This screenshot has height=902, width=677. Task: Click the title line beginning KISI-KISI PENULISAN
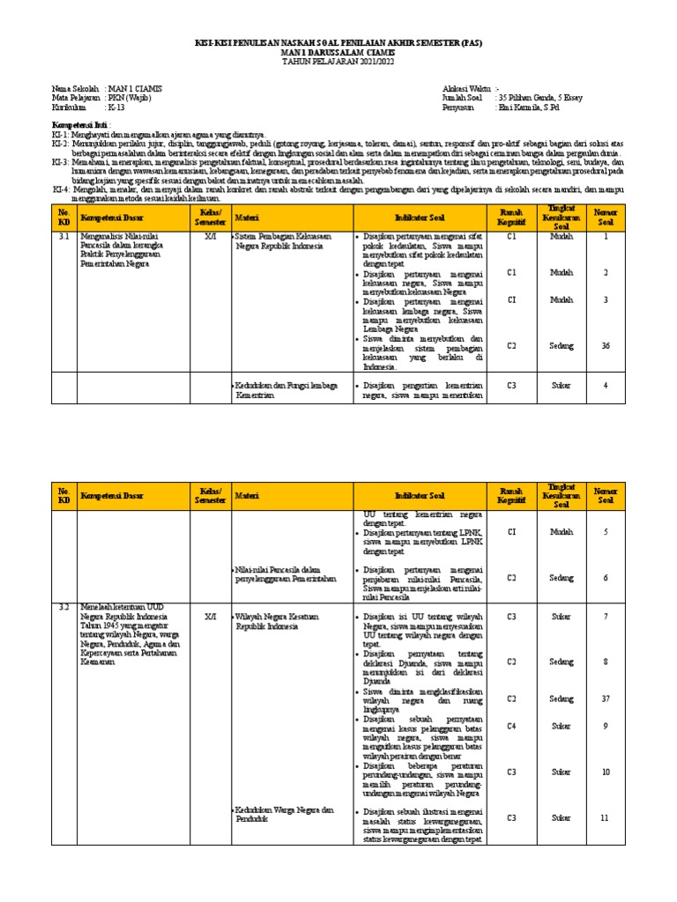tap(338, 42)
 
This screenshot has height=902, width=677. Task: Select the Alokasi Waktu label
tap(467, 90)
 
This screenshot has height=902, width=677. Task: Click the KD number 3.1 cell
tap(63, 237)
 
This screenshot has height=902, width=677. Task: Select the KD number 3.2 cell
tap(63, 607)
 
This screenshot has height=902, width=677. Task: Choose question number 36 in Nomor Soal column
tap(605, 345)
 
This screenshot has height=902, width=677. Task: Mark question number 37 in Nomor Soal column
tap(605, 699)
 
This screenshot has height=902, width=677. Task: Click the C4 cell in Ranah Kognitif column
tap(511, 726)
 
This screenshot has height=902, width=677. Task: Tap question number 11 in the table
tap(605, 817)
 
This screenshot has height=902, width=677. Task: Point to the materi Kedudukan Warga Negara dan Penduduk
tap(286, 814)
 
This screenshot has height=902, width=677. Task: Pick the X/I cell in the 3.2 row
tap(210, 616)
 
